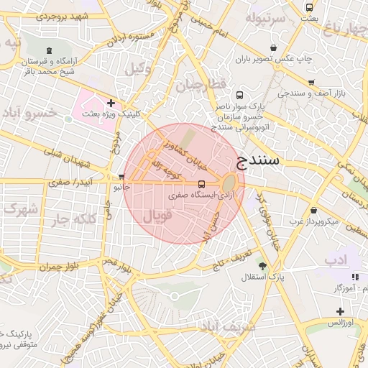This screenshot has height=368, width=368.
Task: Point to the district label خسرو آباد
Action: point(30,113)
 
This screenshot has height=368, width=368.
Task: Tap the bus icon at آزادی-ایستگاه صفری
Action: point(201,184)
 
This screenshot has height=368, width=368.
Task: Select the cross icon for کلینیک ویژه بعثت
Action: point(111,103)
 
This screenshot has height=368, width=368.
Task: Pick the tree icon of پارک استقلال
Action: point(262,266)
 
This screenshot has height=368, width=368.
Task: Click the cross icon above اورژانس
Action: point(340,311)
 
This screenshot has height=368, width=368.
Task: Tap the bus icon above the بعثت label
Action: point(309,8)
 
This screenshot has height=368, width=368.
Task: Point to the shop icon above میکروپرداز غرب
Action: point(315,211)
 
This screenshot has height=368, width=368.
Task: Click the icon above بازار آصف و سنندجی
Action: point(310,83)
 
